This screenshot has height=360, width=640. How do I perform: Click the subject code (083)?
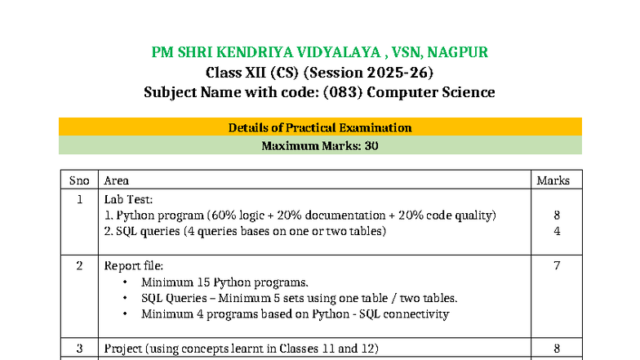tap(343, 91)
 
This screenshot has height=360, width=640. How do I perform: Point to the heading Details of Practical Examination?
tap(320, 127)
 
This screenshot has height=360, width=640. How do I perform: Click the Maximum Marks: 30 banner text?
tap(320, 147)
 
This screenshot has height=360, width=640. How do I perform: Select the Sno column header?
tap(79, 180)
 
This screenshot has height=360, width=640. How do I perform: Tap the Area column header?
tap(116, 180)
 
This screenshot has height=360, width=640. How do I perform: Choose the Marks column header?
tap(553, 180)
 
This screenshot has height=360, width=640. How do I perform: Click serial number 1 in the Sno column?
tap(79, 199)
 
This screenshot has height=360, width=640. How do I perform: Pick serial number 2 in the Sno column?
tap(79, 265)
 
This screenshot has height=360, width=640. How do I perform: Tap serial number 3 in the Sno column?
tap(79, 349)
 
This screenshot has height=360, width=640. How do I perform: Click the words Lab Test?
tap(128, 199)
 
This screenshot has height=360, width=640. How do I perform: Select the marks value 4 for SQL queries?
tap(557, 231)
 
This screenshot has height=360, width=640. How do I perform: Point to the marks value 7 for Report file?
tap(557, 265)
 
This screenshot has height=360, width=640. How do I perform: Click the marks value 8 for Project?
tap(557, 349)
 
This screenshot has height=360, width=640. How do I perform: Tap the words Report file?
tap(134, 265)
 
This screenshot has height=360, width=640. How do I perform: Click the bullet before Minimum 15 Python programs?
tap(124, 282)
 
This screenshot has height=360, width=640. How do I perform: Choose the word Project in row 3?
tap(123, 349)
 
